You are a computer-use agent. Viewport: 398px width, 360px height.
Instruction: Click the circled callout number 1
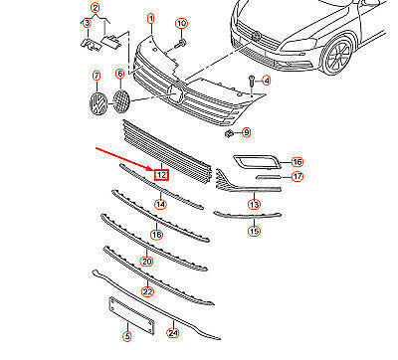pyautogui.click(x=151, y=19)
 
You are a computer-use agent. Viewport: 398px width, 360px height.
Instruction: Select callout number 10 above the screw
pyautogui.click(x=181, y=24)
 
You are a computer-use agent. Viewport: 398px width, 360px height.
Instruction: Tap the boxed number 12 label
pyautogui.click(x=161, y=174)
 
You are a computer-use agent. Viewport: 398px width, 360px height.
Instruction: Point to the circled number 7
pyautogui.click(x=97, y=76)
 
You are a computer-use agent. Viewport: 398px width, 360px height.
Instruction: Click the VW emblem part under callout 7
pyautogui.click(x=99, y=103)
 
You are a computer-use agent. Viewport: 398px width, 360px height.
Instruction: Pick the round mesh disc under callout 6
pyautogui.click(x=121, y=101)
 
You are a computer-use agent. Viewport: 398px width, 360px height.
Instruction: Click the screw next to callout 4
pyautogui.click(x=251, y=82)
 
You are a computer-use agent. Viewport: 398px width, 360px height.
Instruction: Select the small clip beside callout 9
pyautogui.click(x=229, y=134)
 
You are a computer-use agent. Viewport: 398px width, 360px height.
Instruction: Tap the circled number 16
pyautogui.click(x=298, y=162)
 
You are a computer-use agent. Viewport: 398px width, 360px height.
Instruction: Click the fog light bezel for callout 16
pyautogui.click(x=257, y=161)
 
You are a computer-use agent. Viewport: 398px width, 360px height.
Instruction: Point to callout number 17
pyautogui.click(x=298, y=176)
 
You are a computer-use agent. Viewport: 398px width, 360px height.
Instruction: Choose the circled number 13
pyautogui.click(x=254, y=205)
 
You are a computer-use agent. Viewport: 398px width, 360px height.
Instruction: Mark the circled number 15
pyautogui.click(x=254, y=231)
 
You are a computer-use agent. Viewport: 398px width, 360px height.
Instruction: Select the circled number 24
pyautogui.click(x=173, y=333)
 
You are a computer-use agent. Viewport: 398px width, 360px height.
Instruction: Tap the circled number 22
pyautogui.click(x=147, y=291)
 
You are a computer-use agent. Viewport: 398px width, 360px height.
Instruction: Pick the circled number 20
pyautogui.click(x=147, y=262)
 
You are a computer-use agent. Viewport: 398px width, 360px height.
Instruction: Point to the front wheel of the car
pyautogui.click(x=337, y=55)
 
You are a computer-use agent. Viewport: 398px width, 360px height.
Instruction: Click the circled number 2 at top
pyautogui.click(x=96, y=8)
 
